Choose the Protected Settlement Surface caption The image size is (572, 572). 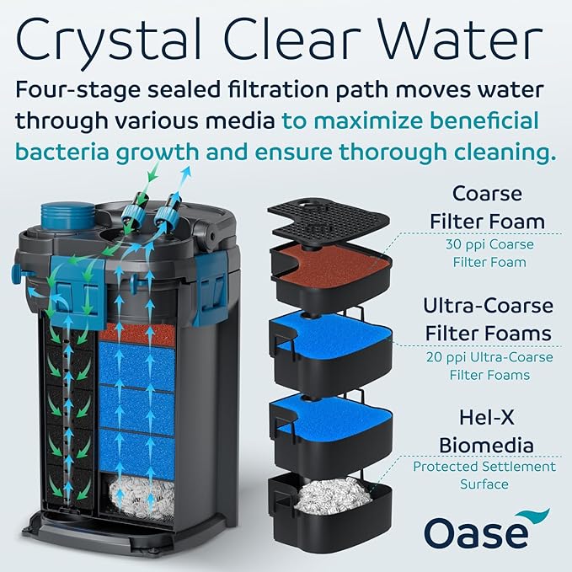click(x=484, y=475)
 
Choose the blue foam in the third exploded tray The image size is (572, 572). click(x=331, y=414)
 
